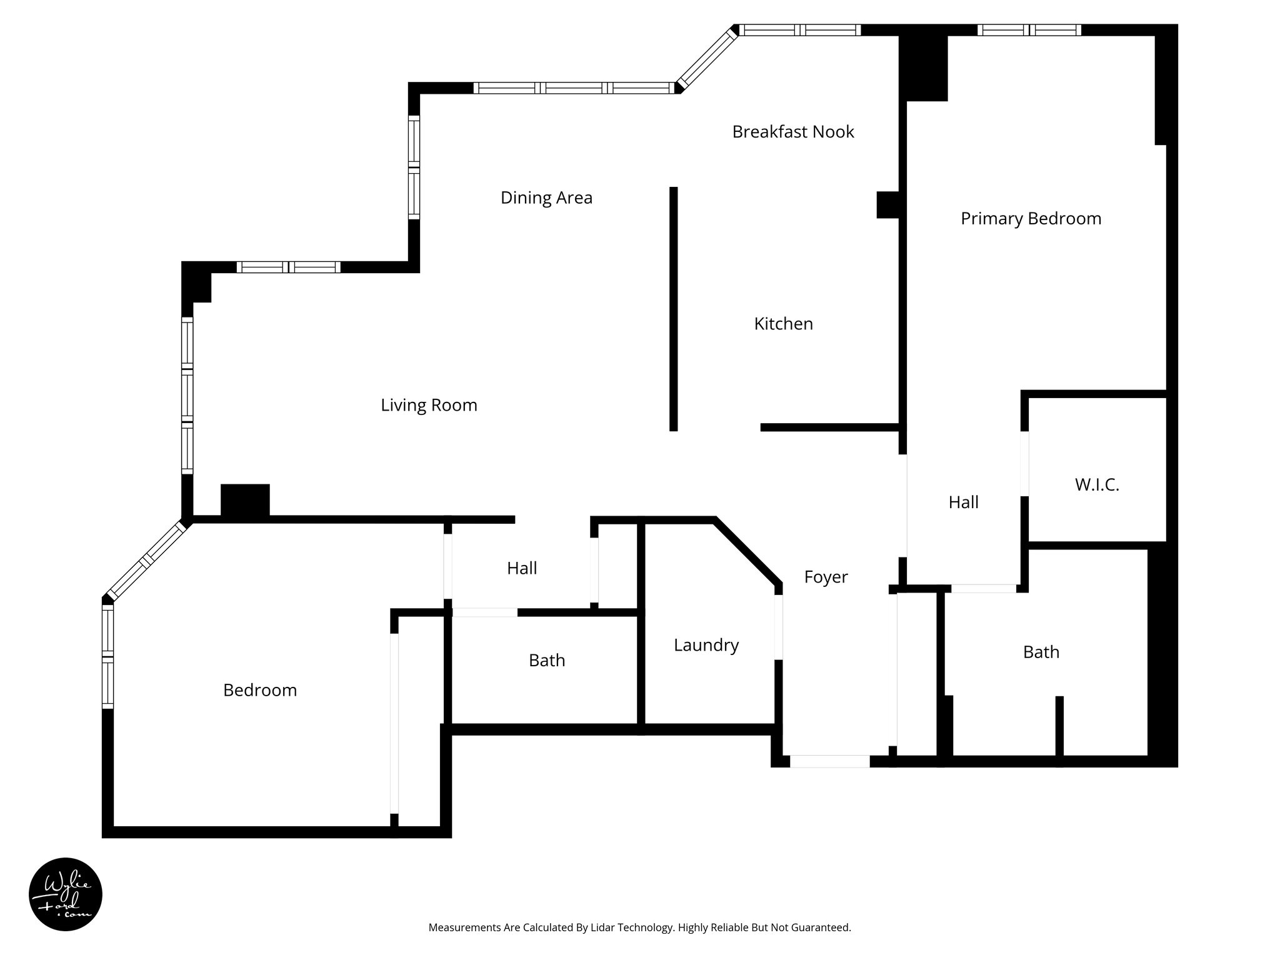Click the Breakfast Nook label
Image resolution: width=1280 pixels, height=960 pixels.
tap(792, 132)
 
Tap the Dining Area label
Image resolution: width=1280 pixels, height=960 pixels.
tap(546, 198)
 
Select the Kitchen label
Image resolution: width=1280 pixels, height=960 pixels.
tap(783, 324)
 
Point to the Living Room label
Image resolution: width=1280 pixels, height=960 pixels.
tap(429, 406)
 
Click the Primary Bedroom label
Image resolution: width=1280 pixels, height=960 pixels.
tap(1031, 219)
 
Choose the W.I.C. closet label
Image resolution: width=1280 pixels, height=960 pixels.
tap(1097, 485)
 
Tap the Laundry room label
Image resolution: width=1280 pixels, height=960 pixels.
tap(706, 645)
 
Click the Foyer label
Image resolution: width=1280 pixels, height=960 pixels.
tap(826, 577)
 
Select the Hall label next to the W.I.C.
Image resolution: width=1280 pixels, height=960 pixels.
tap(963, 502)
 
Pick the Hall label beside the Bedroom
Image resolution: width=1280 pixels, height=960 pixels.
tap(522, 568)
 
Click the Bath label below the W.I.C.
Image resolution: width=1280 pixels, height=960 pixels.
tap(1041, 652)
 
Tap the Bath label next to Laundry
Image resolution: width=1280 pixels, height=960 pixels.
tap(547, 661)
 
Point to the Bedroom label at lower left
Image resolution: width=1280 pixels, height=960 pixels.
tap(260, 690)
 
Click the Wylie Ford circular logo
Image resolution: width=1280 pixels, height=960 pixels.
tap(66, 894)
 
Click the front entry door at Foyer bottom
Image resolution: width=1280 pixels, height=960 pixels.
tap(829, 761)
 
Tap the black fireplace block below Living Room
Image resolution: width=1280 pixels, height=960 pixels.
tap(245, 501)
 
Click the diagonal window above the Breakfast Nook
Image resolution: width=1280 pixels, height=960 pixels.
tap(707, 58)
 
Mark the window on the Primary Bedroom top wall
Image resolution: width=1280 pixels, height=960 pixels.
tap(1029, 30)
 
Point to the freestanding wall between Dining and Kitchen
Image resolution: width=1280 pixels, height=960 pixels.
tap(673, 309)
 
